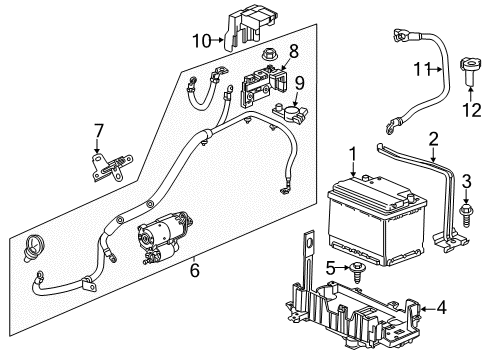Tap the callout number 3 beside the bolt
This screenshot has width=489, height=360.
(466, 179)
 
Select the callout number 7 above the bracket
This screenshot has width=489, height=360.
(98, 130)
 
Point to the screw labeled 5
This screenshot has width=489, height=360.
(355, 267)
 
